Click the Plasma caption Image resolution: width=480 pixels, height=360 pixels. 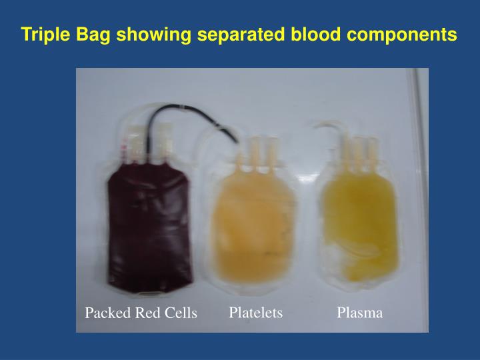360,312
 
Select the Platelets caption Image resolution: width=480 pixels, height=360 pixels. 256,312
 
